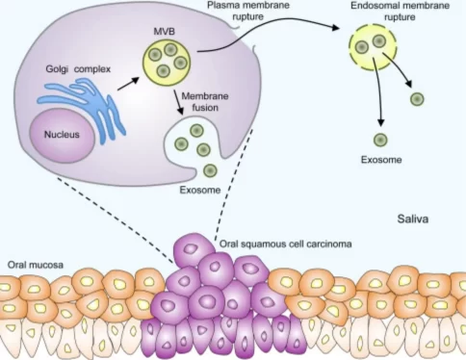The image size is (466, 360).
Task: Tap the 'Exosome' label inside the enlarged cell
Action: pyautogui.click(x=198, y=189)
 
